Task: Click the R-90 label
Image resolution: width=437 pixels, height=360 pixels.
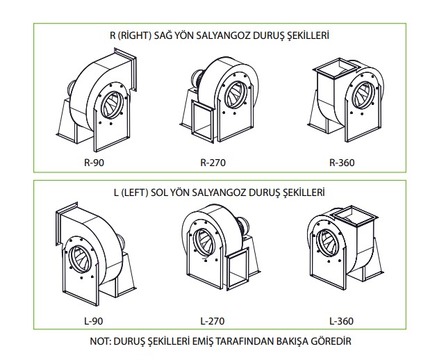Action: (x=94, y=163)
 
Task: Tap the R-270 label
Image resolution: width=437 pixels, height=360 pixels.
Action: (x=213, y=163)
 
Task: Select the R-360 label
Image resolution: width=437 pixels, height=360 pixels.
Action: (x=342, y=163)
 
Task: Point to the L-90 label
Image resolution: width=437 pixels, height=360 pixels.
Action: (x=93, y=321)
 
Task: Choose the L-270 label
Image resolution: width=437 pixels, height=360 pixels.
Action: (x=213, y=321)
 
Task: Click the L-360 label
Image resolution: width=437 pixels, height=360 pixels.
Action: (x=341, y=321)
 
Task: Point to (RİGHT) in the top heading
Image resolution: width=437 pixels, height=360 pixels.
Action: (x=135, y=35)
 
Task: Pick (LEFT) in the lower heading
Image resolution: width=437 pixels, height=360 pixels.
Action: (x=135, y=193)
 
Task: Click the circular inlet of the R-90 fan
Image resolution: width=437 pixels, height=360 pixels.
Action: (x=111, y=106)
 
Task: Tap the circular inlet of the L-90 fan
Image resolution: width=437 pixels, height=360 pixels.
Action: (x=80, y=259)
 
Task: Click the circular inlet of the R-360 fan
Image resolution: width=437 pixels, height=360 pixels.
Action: (x=363, y=95)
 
